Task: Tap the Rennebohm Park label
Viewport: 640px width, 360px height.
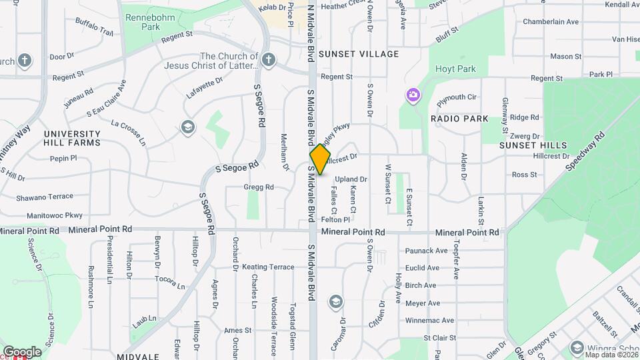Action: tap(141, 21)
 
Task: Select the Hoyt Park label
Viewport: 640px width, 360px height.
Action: tap(455, 69)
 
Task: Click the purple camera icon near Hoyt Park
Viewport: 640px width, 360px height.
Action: tap(413, 95)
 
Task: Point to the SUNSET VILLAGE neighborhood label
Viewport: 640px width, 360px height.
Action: tap(359, 54)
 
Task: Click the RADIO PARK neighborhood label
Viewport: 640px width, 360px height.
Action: tap(459, 119)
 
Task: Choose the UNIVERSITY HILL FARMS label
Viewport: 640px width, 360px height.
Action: tap(72, 138)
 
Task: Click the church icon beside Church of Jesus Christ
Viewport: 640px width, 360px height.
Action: tap(268, 61)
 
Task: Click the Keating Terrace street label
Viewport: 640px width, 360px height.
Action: tap(268, 267)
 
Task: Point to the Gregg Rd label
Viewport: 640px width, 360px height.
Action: tap(259, 187)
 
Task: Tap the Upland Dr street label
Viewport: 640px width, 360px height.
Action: tap(351, 179)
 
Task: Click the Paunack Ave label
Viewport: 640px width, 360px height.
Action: tap(427, 251)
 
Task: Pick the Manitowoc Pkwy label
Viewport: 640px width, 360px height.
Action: tap(55, 216)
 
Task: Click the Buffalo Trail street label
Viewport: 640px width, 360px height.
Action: tap(95, 27)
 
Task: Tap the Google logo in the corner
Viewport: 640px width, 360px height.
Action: tap(22, 351)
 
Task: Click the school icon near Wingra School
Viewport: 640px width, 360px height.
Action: tap(576, 347)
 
